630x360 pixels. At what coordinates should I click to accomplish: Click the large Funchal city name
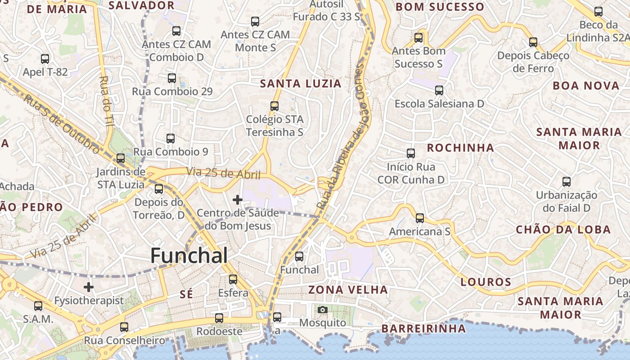tap(189, 256)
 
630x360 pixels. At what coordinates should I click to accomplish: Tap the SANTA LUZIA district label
tap(301, 83)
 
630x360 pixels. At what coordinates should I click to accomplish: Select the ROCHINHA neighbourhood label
tap(460, 148)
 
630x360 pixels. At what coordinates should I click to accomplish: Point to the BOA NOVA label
tap(586, 85)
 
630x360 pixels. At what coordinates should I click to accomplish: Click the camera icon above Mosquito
tap(323, 310)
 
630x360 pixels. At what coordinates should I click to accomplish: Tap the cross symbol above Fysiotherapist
tap(89, 287)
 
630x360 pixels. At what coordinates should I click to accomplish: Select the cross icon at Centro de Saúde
tap(237, 199)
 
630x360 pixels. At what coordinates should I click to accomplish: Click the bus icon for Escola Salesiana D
tap(439, 90)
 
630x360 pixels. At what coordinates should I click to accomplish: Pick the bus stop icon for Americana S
tap(420, 218)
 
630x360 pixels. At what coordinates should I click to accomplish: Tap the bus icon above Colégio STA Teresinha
tap(274, 106)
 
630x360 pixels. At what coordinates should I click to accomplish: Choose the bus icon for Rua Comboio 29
tap(171, 78)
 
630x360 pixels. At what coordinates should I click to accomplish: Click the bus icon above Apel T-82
tap(45, 58)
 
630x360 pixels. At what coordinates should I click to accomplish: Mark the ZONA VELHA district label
tap(348, 289)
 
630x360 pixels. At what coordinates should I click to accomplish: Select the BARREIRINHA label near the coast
tap(423, 328)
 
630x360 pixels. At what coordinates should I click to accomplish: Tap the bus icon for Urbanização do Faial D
tap(567, 182)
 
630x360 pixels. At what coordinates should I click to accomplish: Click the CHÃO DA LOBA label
tap(563, 229)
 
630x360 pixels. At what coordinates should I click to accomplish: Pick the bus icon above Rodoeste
tap(219, 318)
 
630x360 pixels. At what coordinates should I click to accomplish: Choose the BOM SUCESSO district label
tap(439, 7)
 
